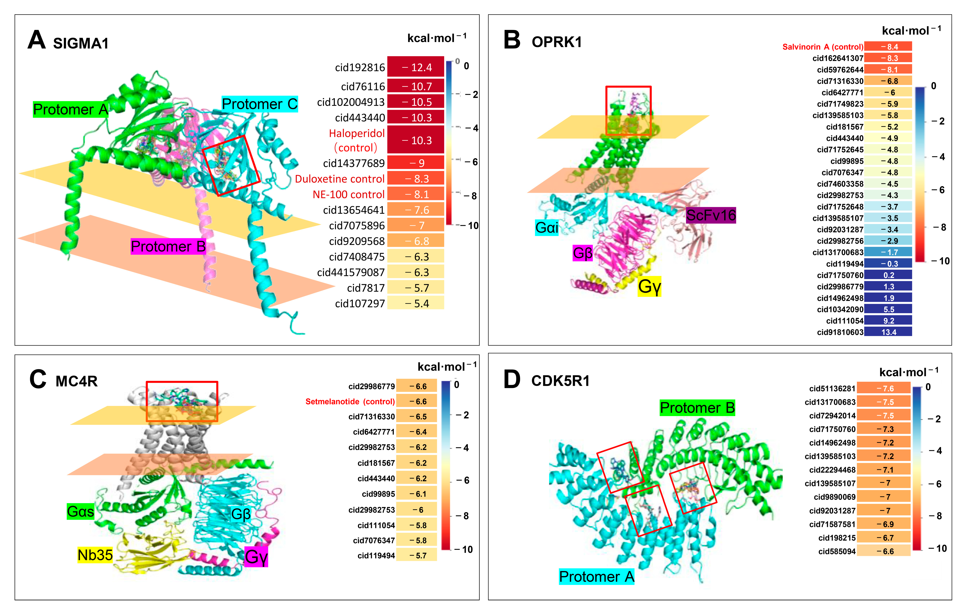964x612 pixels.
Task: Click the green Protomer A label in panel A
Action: pos(71,109)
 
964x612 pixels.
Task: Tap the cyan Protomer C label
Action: pos(259,104)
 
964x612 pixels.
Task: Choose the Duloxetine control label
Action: pos(340,179)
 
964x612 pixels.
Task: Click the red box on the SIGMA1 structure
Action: pos(231,165)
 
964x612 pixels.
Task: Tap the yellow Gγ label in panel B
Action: pos(649,286)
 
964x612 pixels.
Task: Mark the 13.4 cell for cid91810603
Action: pos(888,332)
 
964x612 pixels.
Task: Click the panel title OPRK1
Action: pos(557,42)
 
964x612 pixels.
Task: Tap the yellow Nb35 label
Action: pos(95,555)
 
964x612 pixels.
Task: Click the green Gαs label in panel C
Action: pos(81,512)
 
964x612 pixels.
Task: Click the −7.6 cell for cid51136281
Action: pos(883,388)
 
